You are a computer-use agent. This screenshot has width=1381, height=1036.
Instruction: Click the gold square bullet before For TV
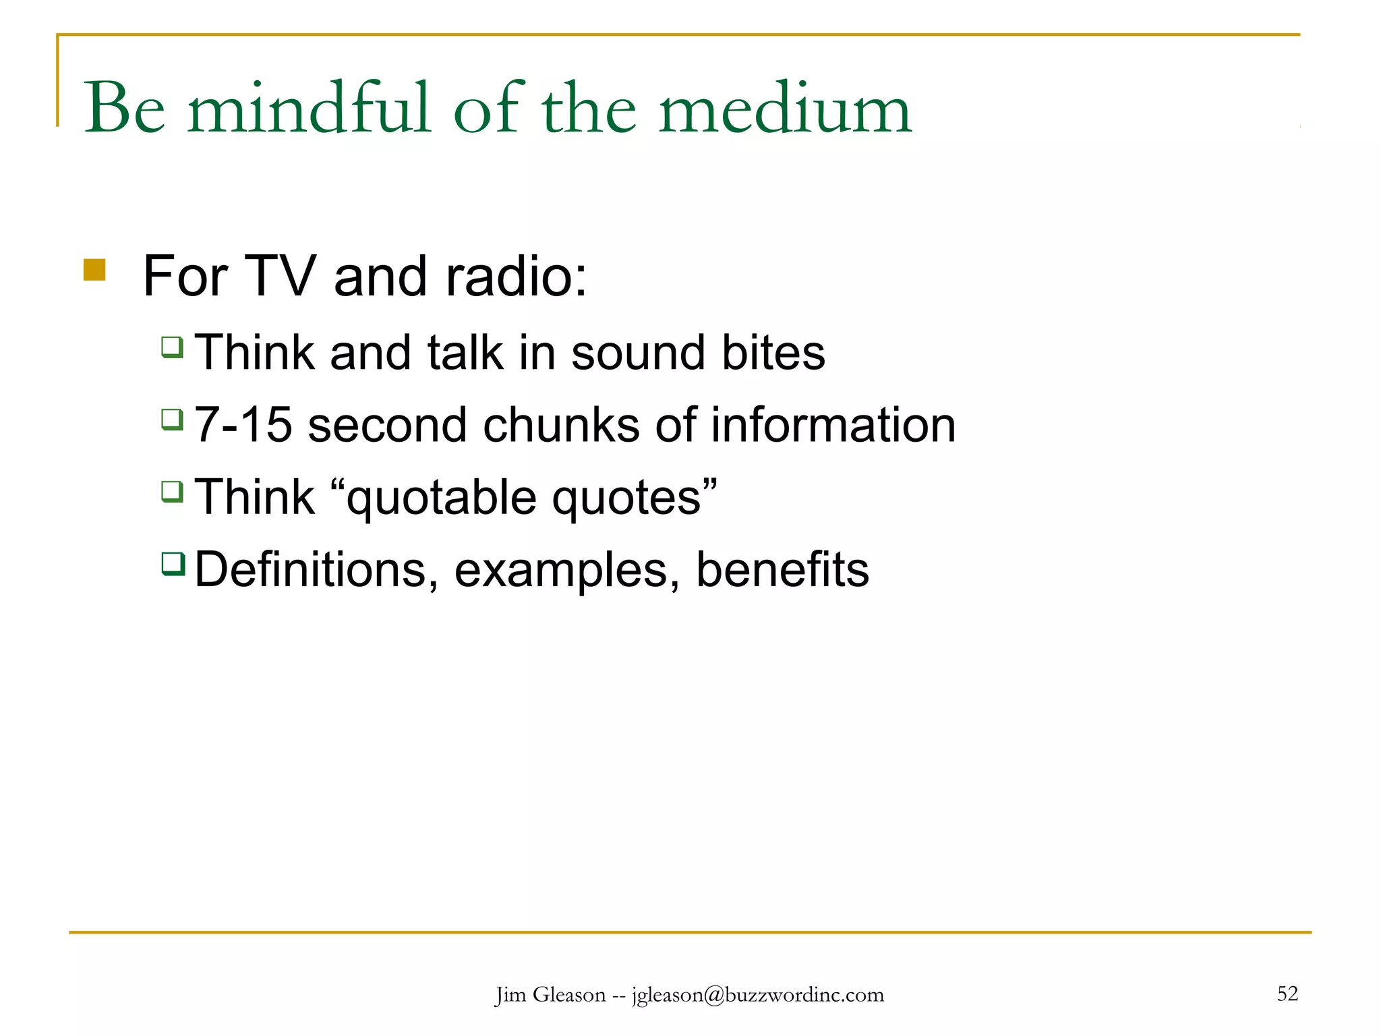(x=94, y=270)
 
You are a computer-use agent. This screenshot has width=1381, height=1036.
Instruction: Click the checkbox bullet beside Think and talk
(x=173, y=347)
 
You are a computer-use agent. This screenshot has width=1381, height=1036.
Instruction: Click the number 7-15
(x=243, y=425)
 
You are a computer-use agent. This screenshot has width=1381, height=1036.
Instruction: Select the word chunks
(x=561, y=425)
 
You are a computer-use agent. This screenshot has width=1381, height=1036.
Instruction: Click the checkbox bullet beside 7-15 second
(x=173, y=420)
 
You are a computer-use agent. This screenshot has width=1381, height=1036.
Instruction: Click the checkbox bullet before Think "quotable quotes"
(x=173, y=491)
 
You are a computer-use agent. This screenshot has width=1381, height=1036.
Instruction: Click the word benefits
(x=782, y=570)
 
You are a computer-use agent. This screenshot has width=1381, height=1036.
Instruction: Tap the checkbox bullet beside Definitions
(x=173, y=563)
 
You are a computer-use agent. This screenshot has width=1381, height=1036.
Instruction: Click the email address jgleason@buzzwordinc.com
(x=757, y=995)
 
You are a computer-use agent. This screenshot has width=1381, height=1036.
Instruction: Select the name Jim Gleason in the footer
(x=550, y=995)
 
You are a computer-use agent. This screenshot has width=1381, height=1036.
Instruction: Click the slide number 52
(x=1287, y=994)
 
